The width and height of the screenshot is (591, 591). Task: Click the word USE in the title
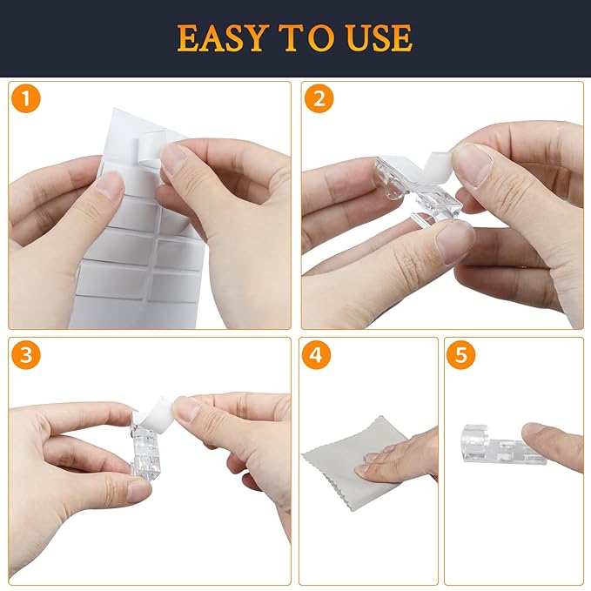coord(379,37)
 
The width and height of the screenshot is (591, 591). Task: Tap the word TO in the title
coord(306,37)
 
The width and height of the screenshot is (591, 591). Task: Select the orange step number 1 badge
coord(26,98)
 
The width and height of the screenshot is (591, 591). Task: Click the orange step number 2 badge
coord(319,98)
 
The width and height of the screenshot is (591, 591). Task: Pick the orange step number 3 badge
coord(26,355)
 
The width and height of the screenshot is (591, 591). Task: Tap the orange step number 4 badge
coord(316,355)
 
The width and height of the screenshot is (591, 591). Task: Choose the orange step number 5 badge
coord(461,355)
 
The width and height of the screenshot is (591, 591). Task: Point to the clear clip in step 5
coord(501,445)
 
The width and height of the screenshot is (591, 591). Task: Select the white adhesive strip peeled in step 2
coord(437,166)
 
